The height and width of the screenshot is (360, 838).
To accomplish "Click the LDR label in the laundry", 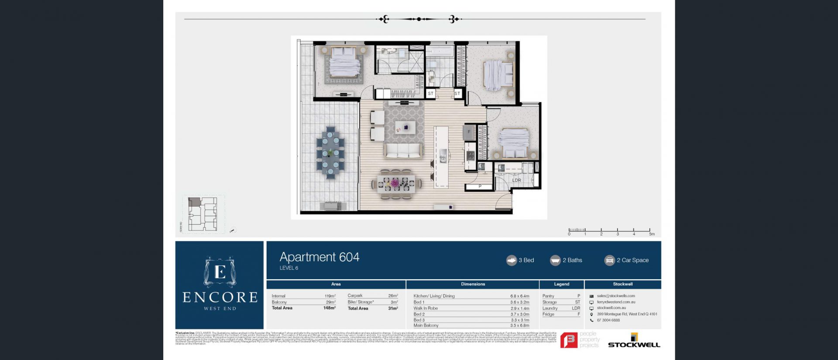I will click(x=516, y=180).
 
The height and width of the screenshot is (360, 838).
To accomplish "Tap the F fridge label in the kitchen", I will click(x=469, y=132).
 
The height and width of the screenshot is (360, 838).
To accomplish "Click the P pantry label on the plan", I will click(x=480, y=186).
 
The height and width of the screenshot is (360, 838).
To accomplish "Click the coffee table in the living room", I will click(x=405, y=127).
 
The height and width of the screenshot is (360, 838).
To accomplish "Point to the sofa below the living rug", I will click(x=403, y=151).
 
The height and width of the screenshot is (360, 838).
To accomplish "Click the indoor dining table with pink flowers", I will click(x=396, y=184).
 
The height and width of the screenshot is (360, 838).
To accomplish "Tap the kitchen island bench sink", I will click(x=443, y=156).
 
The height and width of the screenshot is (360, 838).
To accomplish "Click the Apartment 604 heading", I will click(x=319, y=257).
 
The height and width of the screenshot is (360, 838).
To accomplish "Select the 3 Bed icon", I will click(x=511, y=260).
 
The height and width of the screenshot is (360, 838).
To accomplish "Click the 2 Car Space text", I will click(x=632, y=260).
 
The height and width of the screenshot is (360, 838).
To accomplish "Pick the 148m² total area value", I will click(x=329, y=308).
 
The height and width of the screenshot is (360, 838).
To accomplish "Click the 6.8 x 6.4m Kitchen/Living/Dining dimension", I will click(x=519, y=296).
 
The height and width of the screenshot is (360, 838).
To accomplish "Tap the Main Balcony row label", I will click(x=426, y=326).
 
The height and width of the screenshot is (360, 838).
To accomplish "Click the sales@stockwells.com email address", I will click(x=616, y=296).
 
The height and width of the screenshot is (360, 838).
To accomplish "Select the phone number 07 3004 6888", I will click(x=608, y=320).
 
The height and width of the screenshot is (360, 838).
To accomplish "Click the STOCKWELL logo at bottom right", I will click(x=634, y=342).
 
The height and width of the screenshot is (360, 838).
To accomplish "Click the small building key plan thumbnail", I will click(x=203, y=214).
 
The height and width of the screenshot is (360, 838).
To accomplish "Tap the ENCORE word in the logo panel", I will click(x=220, y=298).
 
